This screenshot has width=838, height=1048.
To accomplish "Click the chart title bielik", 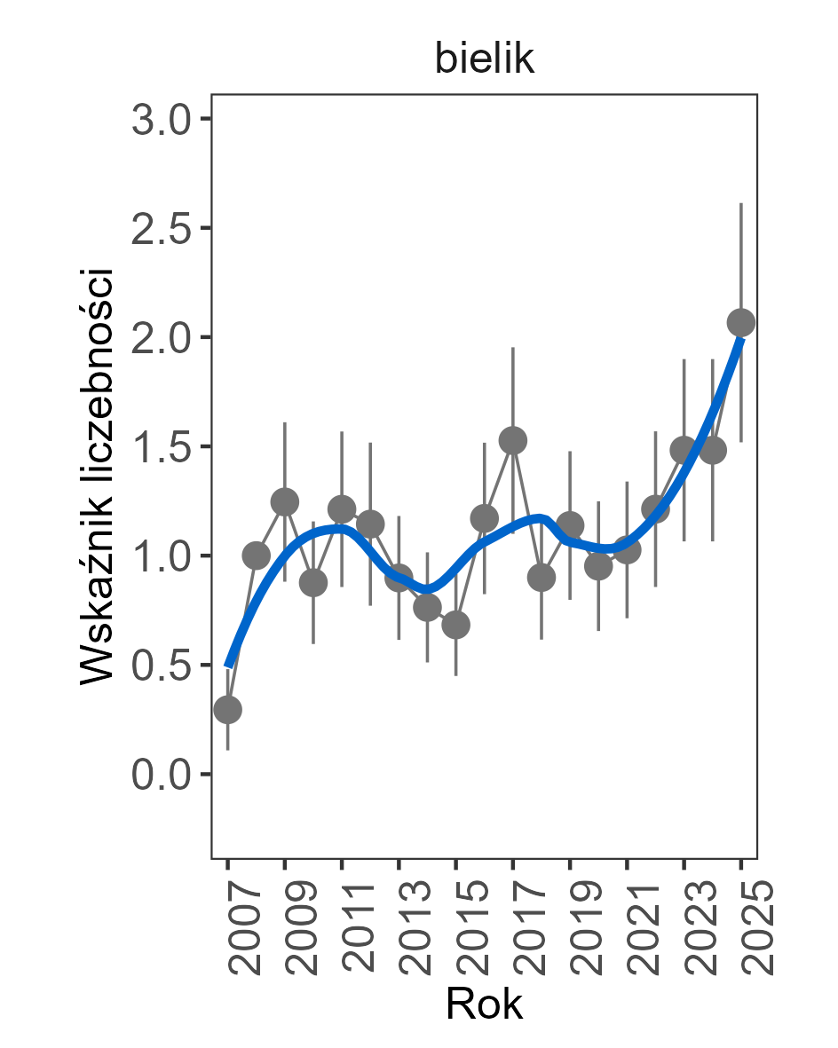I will [x=484, y=59].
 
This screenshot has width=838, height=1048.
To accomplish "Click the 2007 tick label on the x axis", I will [x=241, y=928].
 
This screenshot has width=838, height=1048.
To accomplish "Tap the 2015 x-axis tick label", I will [x=470, y=928].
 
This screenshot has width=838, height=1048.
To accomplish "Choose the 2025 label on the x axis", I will [x=755, y=928].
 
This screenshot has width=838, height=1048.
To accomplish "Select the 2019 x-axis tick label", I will [x=583, y=928].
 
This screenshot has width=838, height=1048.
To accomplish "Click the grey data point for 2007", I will [x=227, y=709].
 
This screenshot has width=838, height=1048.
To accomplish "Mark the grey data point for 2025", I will [x=740, y=321].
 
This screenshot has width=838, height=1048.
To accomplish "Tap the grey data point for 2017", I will [x=512, y=439].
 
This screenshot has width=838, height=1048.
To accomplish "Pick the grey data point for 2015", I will [x=455, y=625].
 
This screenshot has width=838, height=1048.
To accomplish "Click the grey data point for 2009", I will [x=284, y=501].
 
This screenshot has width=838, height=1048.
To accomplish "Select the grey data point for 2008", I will [x=256, y=556].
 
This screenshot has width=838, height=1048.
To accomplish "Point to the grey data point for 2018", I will [x=541, y=578].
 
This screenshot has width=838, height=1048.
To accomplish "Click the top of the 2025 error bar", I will [x=740, y=204].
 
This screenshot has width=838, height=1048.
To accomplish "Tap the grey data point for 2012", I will [x=370, y=524].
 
